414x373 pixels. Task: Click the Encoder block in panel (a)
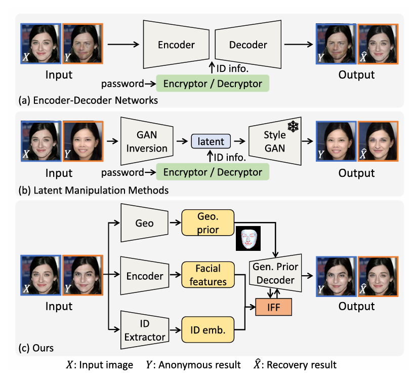(x=176, y=45)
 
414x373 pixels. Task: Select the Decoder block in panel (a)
(x=247, y=45)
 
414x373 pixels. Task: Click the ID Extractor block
(x=145, y=330)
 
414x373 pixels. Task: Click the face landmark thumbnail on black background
(x=247, y=238)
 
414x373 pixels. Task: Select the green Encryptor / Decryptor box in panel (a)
(x=213, y=83)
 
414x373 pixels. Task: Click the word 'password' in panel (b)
(x=122, y=172)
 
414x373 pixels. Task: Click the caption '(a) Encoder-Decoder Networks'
(x=88, y=100)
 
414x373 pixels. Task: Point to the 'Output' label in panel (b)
(x=356, y=173)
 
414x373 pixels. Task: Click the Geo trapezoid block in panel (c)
(x=145, y=223)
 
